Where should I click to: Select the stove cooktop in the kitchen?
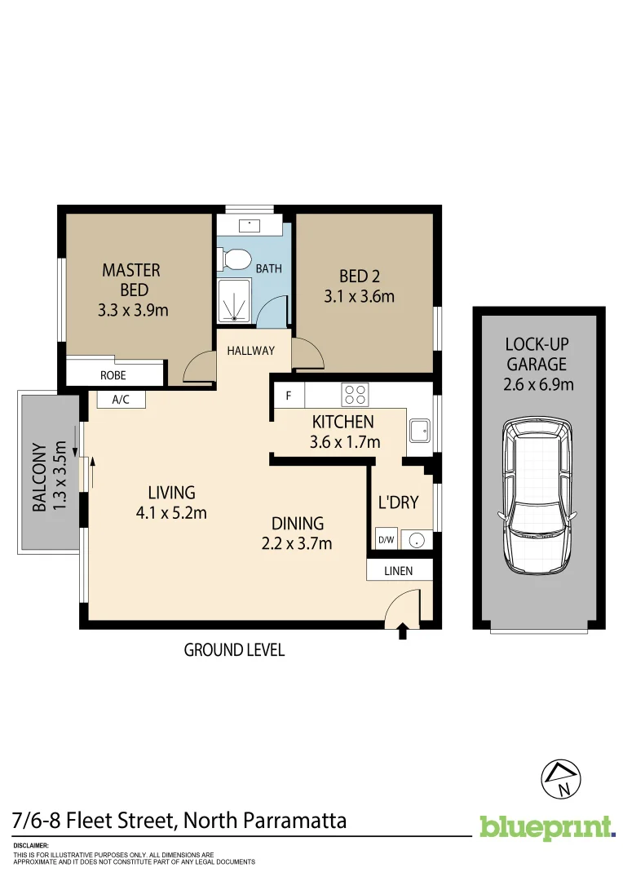[356, 395]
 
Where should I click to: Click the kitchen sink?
[420, 430]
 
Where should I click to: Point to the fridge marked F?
[288, 396]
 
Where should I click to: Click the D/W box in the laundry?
[386, 539]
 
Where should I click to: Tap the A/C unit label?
[121, 400]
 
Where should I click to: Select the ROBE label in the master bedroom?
[113, 376]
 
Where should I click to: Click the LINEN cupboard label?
[399, 571]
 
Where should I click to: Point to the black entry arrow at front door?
[402, 631]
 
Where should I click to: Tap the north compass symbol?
[563, 779]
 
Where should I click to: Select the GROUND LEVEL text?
[234, 650]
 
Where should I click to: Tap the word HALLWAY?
[251, 351]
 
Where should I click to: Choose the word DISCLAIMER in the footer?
[31, 846]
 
